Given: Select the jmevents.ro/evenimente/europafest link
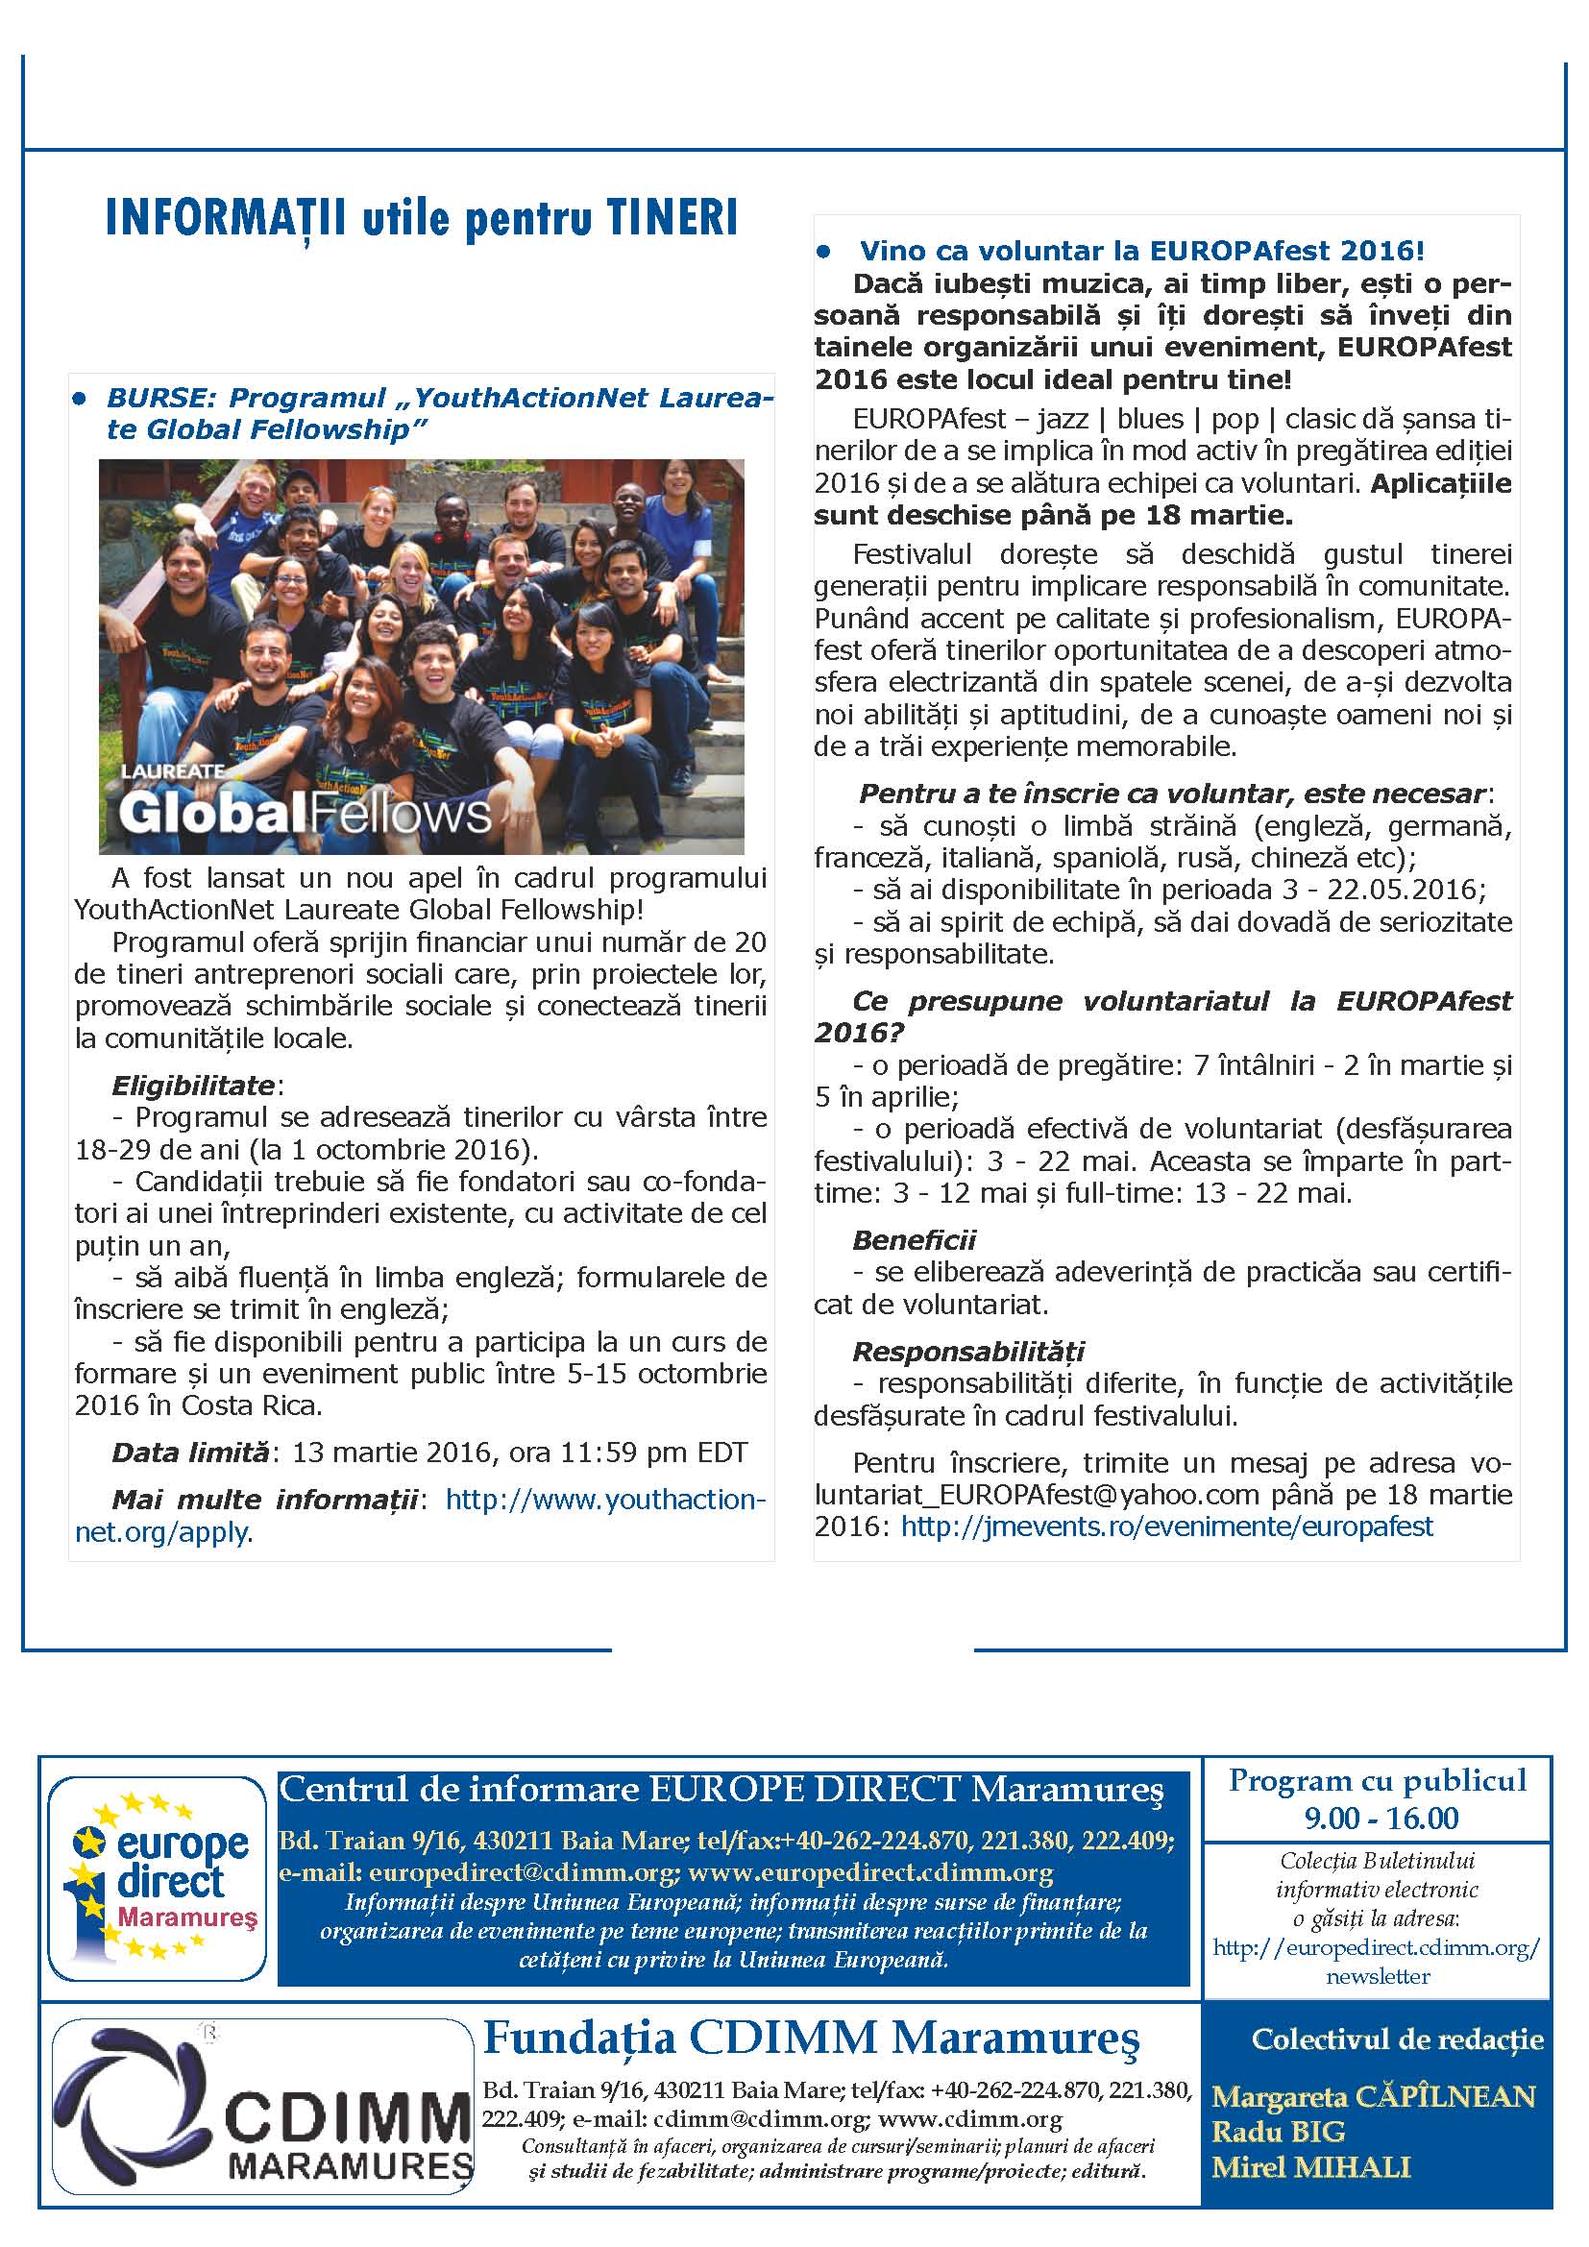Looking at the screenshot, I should [1166, 1526].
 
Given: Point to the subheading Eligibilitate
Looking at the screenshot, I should [193, 1085].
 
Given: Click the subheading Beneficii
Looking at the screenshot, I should [914, 1239].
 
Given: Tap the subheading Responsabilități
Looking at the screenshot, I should [968, 1351].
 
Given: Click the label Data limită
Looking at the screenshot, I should [190, 1452].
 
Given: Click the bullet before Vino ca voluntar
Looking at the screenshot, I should [824, 252].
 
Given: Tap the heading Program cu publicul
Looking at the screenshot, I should [1377, 1780].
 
